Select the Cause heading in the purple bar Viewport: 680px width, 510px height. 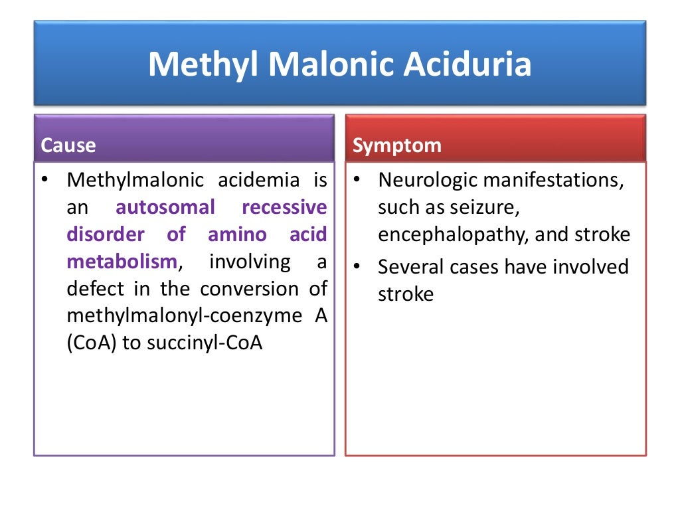(x=68, y=145)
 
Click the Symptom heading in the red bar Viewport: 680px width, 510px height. (x=396, y=145)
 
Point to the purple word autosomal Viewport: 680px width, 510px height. (x=165, y=208)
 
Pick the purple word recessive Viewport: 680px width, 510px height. (x=284, y=208)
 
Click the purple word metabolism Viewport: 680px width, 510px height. (x=122, y=262)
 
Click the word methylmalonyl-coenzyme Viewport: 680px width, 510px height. (x=185, y=316)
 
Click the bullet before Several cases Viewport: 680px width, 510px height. (x=357, y=266)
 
